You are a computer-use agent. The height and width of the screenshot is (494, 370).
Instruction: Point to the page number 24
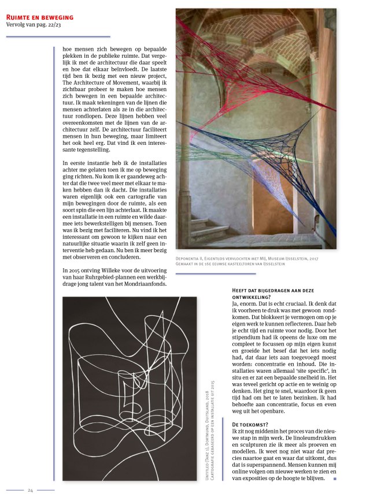tap(30, 490)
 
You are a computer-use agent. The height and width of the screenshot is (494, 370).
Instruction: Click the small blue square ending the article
tap(335, 478)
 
